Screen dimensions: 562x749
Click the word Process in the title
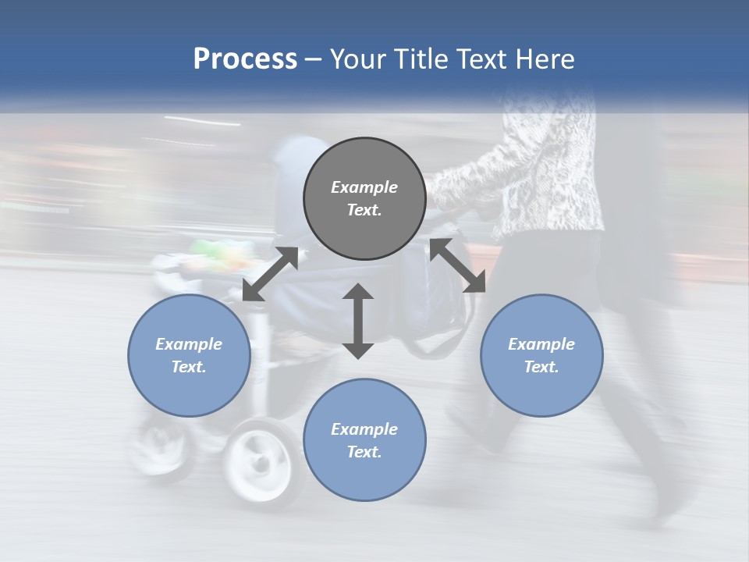coord(245,59)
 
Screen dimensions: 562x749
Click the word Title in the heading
coord(421,59)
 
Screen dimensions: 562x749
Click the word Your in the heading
coord(360,59)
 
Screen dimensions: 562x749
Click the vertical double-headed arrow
coord(358,321)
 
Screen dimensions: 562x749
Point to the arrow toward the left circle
coord(270,274)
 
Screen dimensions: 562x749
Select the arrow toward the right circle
coord(458,265)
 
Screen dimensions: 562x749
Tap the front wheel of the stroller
coord(259,461)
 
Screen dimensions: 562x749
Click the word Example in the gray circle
coord(364,187)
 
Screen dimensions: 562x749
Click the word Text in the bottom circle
coord(364,452)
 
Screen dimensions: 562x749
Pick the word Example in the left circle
coord(189,344)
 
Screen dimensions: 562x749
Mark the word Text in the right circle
coord(541,367)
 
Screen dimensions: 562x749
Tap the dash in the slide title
coord(314,59)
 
